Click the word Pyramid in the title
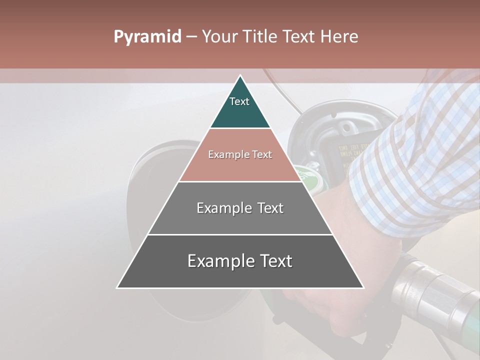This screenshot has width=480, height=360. click(147, 37)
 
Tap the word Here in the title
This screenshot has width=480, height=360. click(340, 36)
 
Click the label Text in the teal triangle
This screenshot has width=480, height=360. click(239, 101)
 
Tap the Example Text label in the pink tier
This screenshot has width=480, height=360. click(240, 154)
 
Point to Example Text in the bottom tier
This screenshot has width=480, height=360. click(240, 261)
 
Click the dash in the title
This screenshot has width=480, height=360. click(191, 37)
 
